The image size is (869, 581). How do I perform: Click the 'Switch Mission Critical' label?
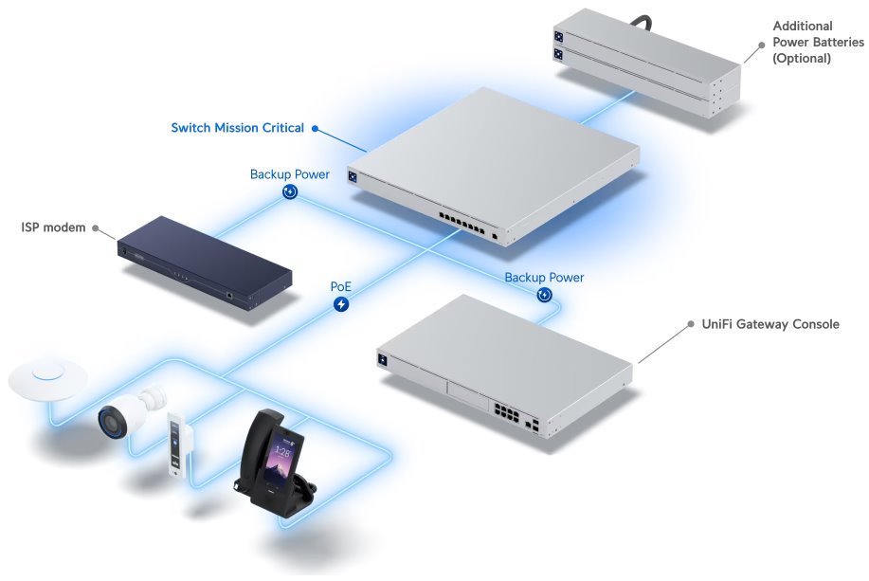[x=237, y=128]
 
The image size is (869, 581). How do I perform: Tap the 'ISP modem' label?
[x=53, y=227]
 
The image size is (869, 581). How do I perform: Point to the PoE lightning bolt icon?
[x=341, y=305]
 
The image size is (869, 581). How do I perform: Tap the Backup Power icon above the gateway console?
[x=544, y=296]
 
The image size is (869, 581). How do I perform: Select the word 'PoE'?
[x=341, y=285]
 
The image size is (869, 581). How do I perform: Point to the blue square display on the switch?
[x=353, y=177]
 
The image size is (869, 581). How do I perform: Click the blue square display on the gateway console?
[x=384, y=359]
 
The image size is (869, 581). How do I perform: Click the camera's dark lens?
[x=107, y=421]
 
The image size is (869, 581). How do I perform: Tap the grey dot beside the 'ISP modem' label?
[x=96, y=227]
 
